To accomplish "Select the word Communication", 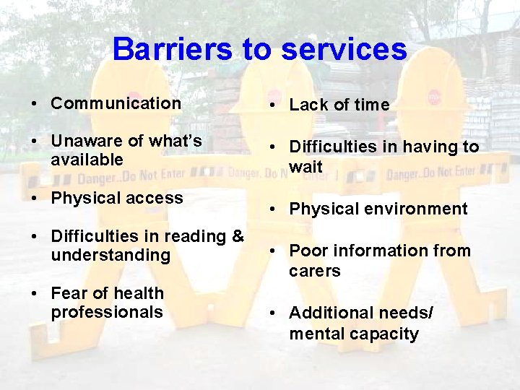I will (x=116, y=103).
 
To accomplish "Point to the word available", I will (x=87, y=160).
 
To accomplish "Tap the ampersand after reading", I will (x=237, y=236).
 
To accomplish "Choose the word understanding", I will (x=110, y=255).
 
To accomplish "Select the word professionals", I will (x=107, y=312).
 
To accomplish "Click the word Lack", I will (x=307, y=105).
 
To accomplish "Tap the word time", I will (x=371, y=105).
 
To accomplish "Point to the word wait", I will (x=305, y=167).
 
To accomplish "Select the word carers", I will (x=315, y=271).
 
